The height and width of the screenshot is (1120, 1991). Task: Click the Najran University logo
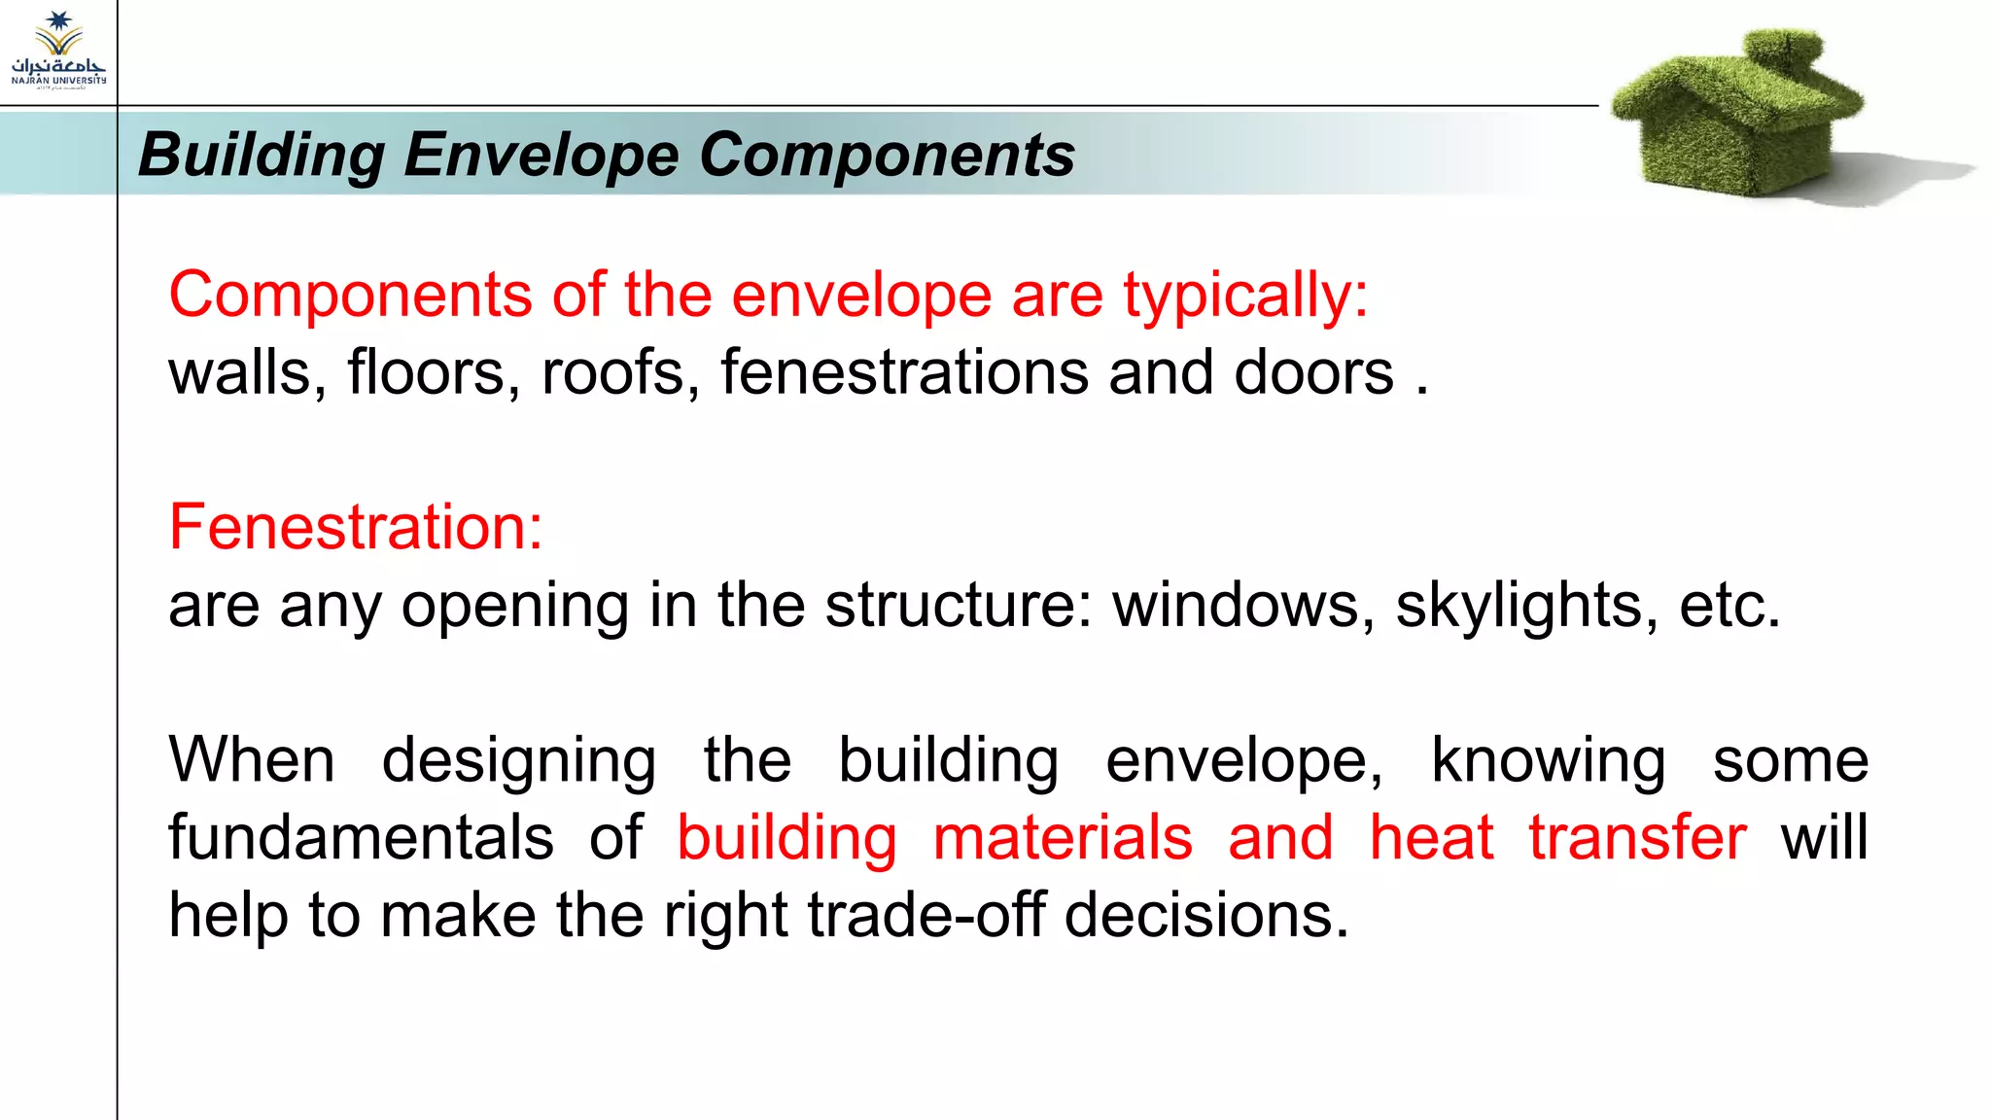58,51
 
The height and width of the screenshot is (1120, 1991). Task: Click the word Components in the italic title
887,155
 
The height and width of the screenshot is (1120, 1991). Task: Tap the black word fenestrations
904,372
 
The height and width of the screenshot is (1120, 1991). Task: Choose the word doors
1313,372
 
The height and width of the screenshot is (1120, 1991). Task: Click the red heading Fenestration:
356,527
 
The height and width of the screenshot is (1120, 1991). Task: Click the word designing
518,761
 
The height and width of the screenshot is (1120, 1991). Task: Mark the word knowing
1548,761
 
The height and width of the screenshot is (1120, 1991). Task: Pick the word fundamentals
361,838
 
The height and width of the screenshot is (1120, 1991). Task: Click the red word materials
1063,838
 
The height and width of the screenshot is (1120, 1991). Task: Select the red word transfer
1637,838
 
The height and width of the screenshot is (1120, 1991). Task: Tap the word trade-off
926,916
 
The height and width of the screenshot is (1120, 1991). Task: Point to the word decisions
1206,916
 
